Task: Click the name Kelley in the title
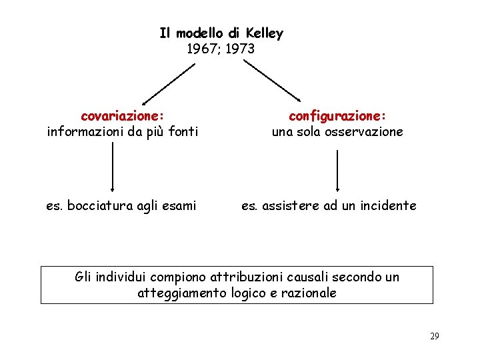[265, 33]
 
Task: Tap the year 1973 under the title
[239, 49]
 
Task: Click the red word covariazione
[122, 116]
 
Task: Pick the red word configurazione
[337, 116]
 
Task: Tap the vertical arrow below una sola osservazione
[337, 169]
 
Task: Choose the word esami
[178, 206]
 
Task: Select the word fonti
[182, 132]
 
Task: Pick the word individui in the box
[120, 277]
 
